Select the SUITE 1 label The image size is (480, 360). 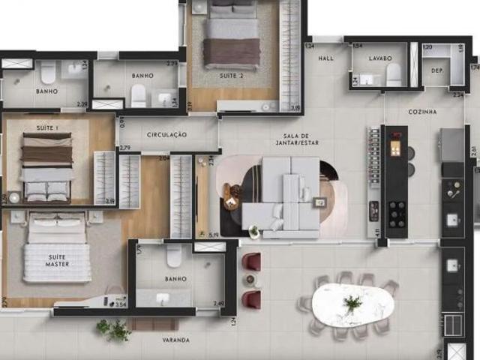point(37,127)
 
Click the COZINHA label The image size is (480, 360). point(423,111)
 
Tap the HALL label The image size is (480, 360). point(325,58)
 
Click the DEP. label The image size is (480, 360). point(437,71)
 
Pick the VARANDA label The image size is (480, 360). point(175,340)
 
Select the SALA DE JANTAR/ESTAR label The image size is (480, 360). point(274,139)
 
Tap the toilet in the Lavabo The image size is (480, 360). point(394,73)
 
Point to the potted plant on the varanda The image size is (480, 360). point(113,329)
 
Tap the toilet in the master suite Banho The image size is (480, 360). point(174,256)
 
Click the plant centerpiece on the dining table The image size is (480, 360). point(352,303)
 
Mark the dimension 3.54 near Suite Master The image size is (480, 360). point(120,304)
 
